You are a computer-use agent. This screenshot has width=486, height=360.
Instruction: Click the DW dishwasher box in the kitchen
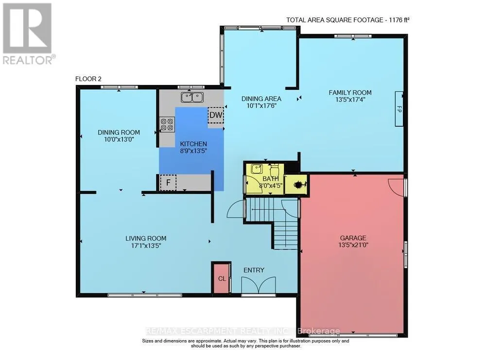[216, 115]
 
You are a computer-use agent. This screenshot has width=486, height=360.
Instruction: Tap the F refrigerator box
[168, 183]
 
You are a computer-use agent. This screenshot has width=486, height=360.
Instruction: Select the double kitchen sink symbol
[192, 97]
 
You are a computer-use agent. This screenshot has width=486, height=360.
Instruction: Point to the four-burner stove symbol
[167, 124]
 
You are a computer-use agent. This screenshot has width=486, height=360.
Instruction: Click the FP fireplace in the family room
[399, 109]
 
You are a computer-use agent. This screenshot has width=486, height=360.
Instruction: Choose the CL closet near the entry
[222, 278]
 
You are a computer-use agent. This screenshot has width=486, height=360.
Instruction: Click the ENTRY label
[254, 270]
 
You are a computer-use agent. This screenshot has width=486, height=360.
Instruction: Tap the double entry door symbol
[259, 285]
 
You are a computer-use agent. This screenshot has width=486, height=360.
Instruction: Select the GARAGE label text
[353, 238]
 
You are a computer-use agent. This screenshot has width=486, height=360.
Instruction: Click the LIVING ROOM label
[146, 238]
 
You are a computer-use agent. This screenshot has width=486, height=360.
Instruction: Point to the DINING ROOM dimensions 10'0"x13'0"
[119, 139]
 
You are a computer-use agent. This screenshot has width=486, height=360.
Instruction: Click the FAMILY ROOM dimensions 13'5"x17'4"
[350, 100]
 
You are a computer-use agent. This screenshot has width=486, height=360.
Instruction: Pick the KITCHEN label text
[193, 144]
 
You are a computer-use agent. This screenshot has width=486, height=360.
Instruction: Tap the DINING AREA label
[261, 99]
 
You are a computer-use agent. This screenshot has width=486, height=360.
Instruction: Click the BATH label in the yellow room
[271, 179]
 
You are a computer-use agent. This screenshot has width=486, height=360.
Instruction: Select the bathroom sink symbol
[256, 169]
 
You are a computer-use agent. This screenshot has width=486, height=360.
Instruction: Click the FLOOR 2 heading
[88, 79]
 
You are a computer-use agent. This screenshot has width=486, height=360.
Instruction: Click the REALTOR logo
[27, 34]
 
